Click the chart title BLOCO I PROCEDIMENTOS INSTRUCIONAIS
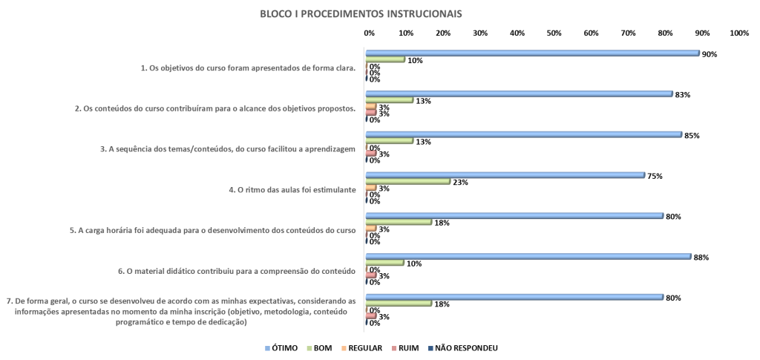(361, 13)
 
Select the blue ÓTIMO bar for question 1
(533, 53)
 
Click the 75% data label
(655, 176)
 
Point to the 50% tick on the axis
(554, 33)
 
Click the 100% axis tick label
(739, 33)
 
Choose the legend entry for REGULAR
(361, 348)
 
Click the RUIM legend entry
(404, 348)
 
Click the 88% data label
(701, 258)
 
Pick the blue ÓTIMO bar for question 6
(528, 256)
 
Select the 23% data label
(460, 183)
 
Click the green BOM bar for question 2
(390, 99)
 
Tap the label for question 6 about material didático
(237, 272)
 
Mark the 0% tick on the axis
(370, 33)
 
